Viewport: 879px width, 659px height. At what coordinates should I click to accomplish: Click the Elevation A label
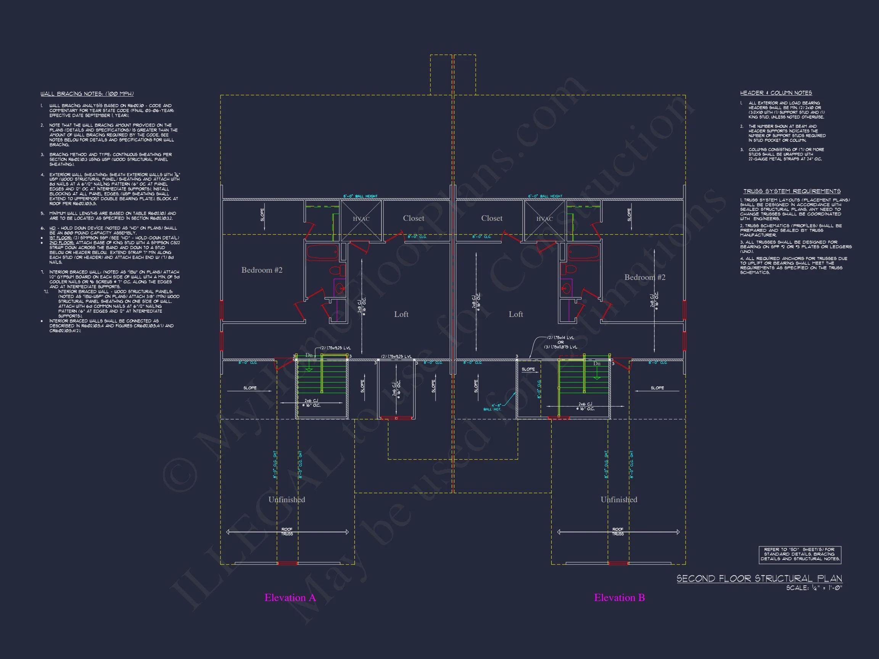[x=290, y=598]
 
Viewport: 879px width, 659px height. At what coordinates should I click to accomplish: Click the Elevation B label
[x=619, y=598]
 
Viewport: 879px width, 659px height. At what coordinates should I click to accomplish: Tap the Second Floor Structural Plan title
[x=759, y=579]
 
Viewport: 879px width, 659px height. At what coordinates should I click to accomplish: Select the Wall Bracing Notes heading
[x=87, y=94]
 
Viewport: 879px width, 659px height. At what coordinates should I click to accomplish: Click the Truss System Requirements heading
[x=792, y=191]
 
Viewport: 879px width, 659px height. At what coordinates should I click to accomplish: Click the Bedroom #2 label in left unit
[x=262, y=270]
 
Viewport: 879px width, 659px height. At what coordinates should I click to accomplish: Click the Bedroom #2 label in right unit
[x=644, y=277]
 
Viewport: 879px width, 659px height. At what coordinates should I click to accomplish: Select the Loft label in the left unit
[x=401, y=314]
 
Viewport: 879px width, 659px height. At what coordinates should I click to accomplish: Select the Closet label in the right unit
[x=491, y=218]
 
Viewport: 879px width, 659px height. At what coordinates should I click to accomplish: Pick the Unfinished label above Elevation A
[x=287, y=500]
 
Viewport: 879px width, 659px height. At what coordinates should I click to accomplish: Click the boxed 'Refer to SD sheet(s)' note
[x=800, y=554]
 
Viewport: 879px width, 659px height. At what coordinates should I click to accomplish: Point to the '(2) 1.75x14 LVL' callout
[x=560, y=338]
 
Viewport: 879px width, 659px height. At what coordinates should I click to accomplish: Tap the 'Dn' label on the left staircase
[x=309, y=355]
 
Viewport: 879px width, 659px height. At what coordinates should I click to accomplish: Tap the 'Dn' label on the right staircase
[x=596, y=363]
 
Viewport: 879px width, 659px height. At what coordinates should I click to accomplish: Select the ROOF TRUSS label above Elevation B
[x=618, y=532]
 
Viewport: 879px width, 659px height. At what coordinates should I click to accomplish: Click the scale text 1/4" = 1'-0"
[x=814, y=588]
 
